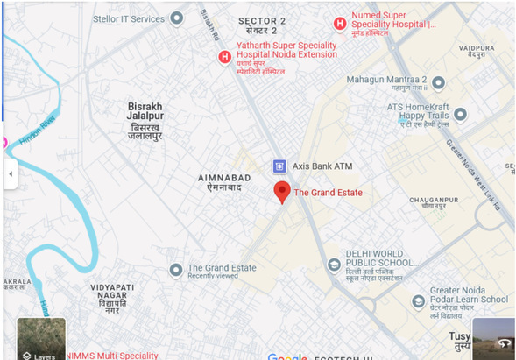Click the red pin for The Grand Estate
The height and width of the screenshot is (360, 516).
[x=281, y=192]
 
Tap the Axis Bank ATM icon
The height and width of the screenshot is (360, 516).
[x=279, y=166]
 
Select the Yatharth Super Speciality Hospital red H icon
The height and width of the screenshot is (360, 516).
[x=224, y=57]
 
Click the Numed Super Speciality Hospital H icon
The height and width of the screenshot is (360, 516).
[x=339, y=24]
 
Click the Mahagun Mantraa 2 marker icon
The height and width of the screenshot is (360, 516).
[x=439, y=83]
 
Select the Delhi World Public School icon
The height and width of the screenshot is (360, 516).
[x=333, y=265]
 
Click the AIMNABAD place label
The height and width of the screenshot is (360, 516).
[x=225, y=177]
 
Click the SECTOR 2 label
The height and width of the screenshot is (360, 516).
[x=262, y=20]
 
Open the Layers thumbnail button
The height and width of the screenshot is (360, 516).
[x=40, y=339]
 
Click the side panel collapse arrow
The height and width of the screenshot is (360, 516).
[x=11, y=173]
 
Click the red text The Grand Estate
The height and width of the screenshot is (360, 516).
[x=328, y=193]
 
